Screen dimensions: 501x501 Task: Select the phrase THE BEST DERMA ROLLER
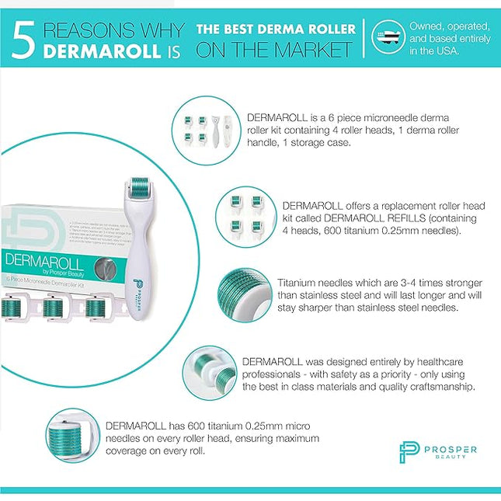coord(276,30)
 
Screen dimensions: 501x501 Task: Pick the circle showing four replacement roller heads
coord(244,219)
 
